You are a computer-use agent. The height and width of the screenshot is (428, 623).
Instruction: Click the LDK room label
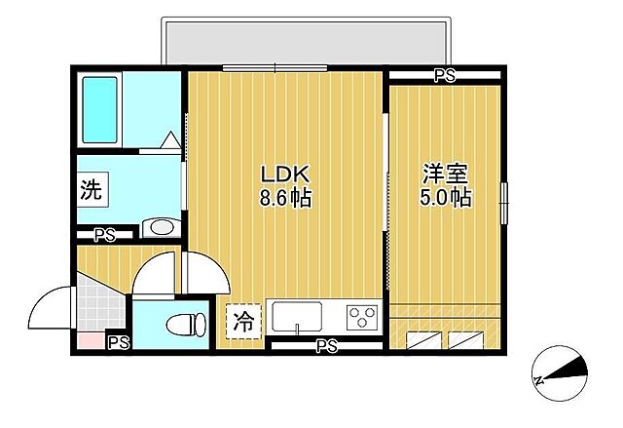pos(284,175)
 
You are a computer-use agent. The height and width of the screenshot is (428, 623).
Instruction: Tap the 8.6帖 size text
pos(284,198)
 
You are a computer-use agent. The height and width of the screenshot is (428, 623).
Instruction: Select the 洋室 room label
pos(446,175)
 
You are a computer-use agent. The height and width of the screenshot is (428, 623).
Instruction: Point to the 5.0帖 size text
pos(446,198)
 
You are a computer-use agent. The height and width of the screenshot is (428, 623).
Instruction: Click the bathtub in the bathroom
pos(113,108)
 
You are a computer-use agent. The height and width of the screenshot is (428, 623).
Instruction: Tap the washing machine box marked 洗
pos(91,190)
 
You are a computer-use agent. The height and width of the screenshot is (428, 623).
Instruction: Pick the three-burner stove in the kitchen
pos(362,318)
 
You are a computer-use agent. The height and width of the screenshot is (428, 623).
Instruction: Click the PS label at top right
pos(445,75)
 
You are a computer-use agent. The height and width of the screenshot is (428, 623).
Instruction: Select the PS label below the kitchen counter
pos(326,344)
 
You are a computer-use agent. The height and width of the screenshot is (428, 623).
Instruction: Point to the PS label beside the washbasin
pos(103,234)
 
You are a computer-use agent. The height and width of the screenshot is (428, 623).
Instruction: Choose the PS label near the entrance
pos(118,342)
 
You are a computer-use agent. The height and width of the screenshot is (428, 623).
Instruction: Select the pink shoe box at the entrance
pos(89,341)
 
